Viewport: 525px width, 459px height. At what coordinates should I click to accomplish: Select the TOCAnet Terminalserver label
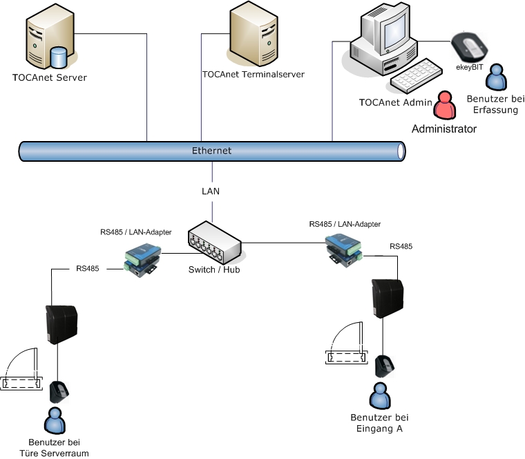coord(254,74)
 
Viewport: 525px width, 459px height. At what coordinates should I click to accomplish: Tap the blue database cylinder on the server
coord(59,53)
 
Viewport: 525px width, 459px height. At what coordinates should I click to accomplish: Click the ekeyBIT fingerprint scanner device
coord(470,47)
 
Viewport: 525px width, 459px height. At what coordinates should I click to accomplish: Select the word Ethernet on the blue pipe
coord(211,151)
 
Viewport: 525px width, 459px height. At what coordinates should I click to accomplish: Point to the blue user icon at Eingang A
coord(379,396)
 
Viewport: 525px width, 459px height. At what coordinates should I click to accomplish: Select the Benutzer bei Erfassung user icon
coord(495,78)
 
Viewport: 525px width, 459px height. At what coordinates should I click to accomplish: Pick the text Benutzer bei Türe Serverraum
coord(59,447)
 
